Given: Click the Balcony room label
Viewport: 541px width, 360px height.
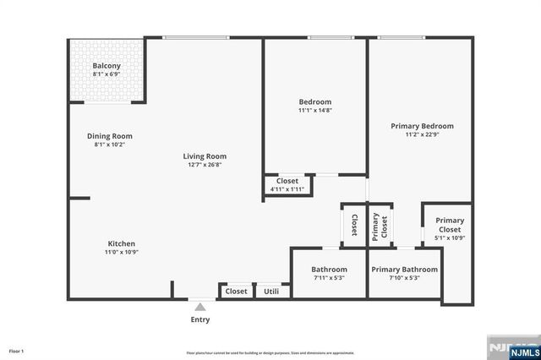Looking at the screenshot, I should coord(107,66).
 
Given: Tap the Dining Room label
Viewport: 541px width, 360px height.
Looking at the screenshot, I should coord(110,136).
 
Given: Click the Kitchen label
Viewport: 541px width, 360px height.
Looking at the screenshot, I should coord(122,243).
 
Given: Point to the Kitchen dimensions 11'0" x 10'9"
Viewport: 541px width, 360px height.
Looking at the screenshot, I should coord(122,252).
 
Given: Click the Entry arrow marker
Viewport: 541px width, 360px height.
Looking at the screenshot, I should coord(200,307).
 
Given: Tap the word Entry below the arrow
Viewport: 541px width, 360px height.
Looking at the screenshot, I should coord(200,319).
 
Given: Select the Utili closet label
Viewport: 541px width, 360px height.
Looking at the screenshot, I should coord(271,291).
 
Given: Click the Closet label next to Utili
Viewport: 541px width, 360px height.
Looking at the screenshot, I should coord(237,291).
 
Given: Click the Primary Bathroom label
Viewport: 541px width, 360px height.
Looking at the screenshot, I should coord(405,270).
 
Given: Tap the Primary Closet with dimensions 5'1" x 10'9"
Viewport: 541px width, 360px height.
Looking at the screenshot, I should coord(449,229).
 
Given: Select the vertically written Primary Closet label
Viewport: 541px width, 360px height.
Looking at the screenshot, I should coord(380,226).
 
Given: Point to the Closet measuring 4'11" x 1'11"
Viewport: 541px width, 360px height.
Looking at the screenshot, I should coord(287,184).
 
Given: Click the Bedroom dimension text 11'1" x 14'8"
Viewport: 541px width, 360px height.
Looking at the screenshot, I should coord(315,110).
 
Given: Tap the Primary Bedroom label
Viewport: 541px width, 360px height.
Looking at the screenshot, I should coord(422,126).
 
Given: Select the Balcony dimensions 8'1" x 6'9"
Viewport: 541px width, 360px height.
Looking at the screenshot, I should coord(107,74).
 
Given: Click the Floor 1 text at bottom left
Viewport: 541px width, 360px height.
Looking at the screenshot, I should coord(17,351).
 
